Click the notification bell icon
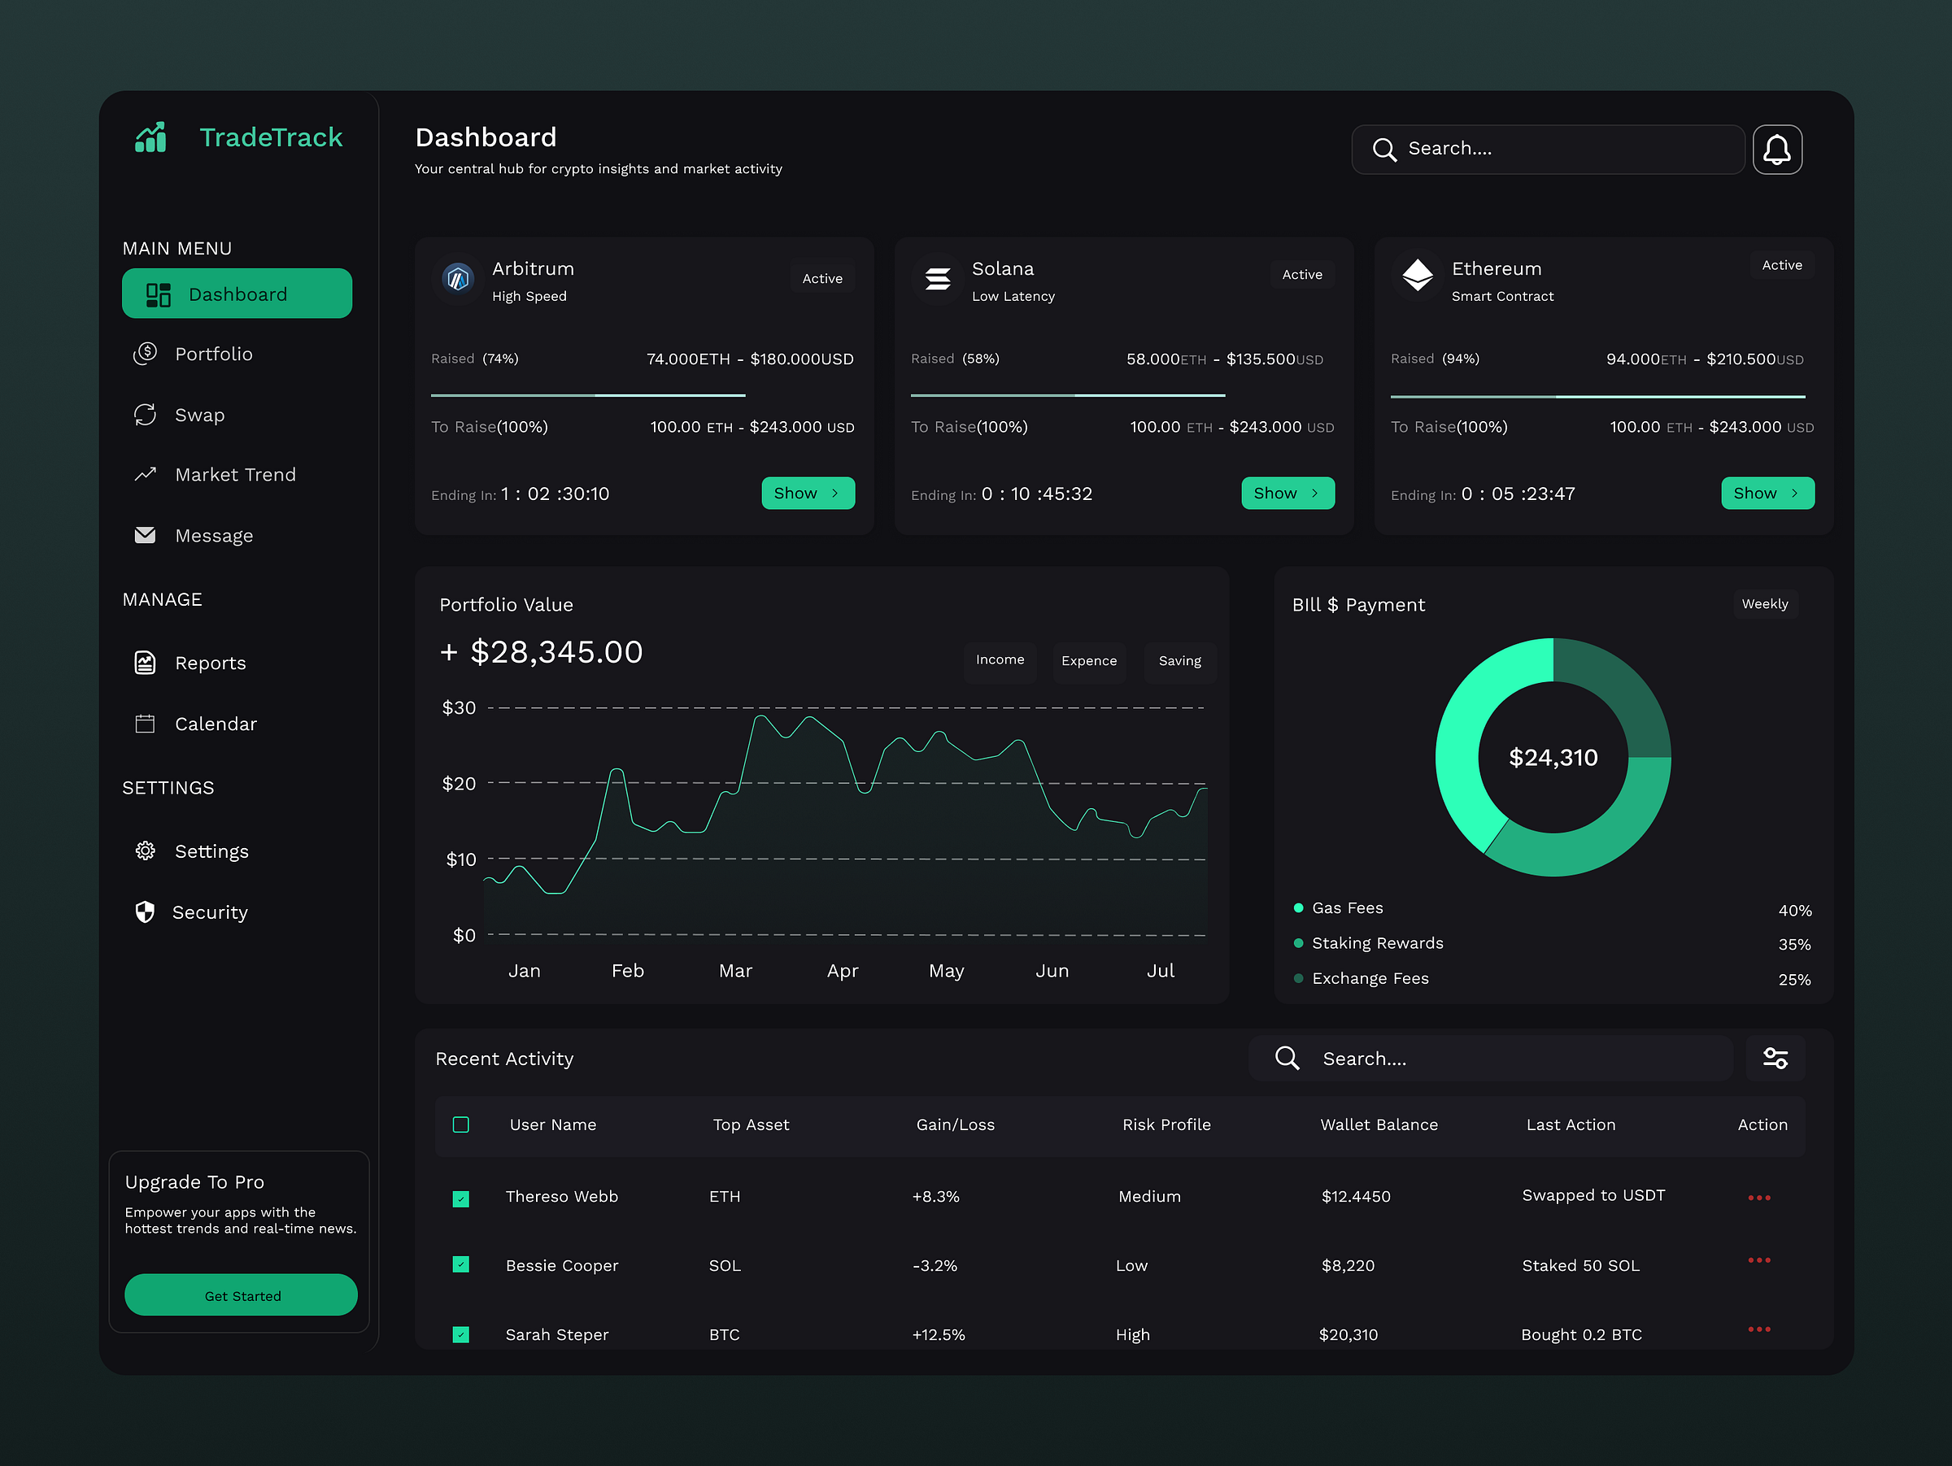tap(1776, 149)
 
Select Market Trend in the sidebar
tap(235, 475)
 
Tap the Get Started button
tap(241, 1295)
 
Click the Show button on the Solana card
tap(1287, 493)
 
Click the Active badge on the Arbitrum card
tap(821, 279)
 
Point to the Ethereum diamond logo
tap(1417, 275)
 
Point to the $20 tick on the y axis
tap(459, 783)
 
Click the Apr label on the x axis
tap(842, 970)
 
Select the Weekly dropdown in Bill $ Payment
tap(1764, 604)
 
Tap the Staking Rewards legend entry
tap(1377, 943)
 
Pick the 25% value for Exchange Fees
tap(1793, 979)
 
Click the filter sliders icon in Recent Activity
tap(1775, 1058)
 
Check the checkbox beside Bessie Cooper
tap(460, 1265)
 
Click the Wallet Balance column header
tap(1379, 1125)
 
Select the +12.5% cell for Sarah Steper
tap(938, 1334)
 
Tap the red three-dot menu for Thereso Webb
tap(1758, 1198)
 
